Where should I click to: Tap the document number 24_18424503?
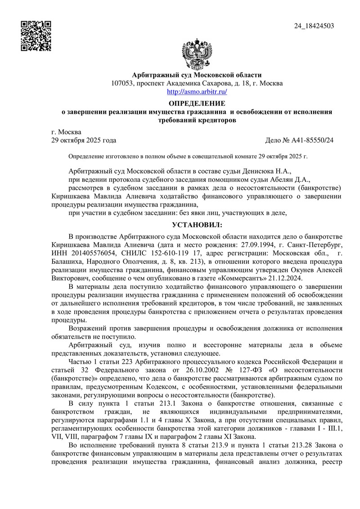click(x=314, y=26)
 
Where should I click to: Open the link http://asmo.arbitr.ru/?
click(x=197, y=91)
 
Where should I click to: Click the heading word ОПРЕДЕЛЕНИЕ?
click(x=197, y=104)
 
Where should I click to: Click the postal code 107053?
click(x=123, y=83)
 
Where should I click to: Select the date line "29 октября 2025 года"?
click(x=84, y=140)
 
